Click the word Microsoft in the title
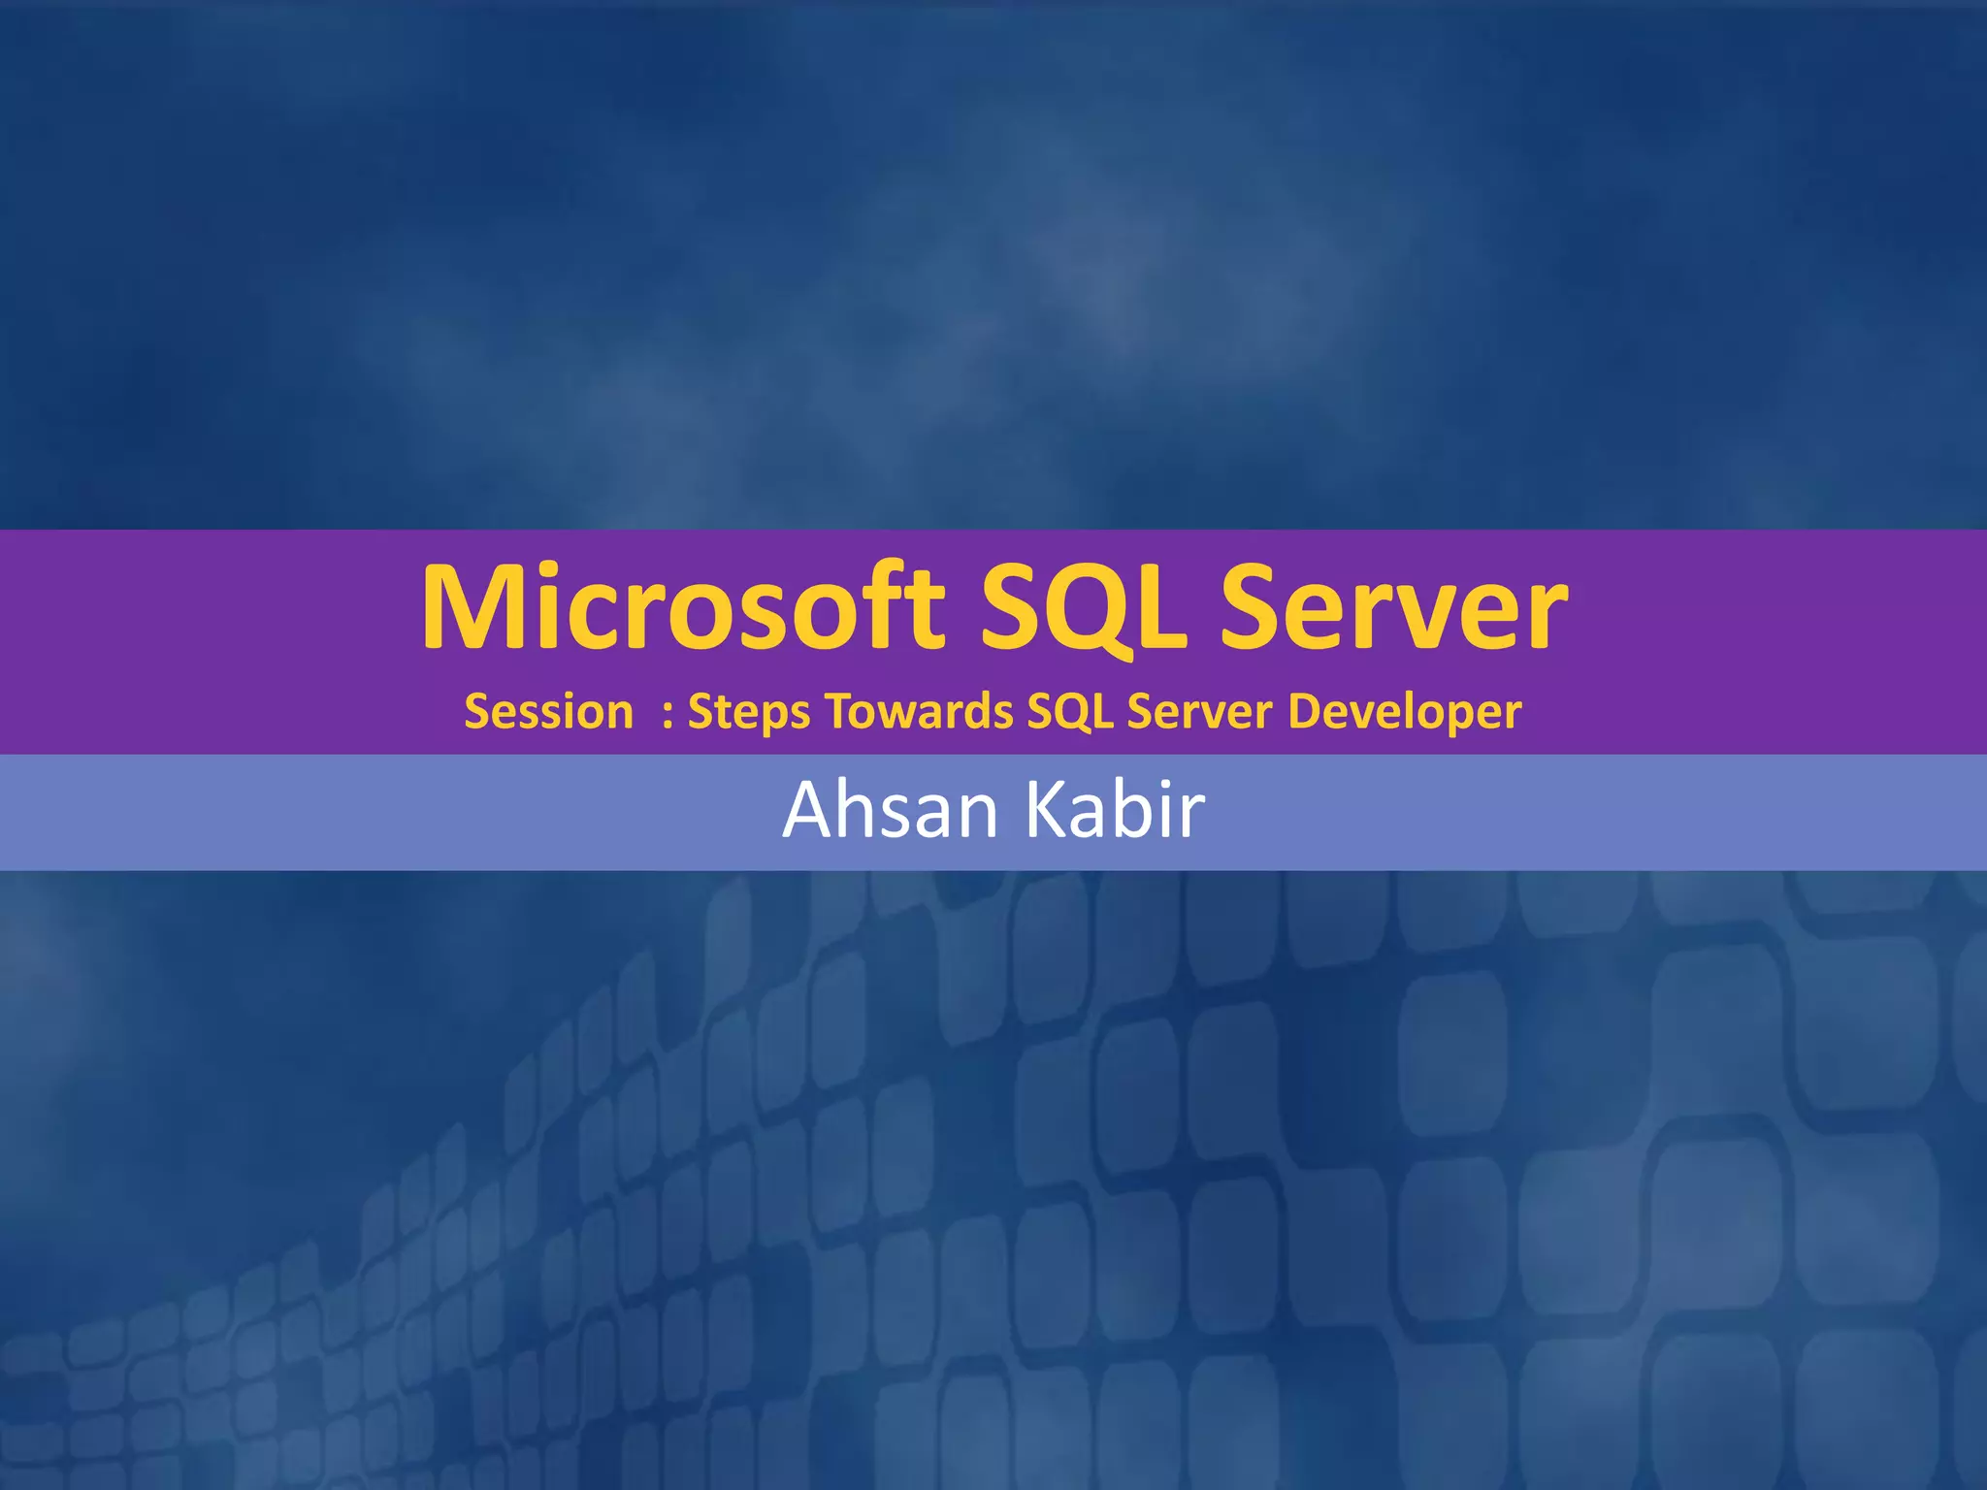click(x=682, y=607)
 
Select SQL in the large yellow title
click(x=1083, y=607)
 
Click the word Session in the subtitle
click(x=548, y=711)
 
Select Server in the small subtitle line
click(x=1199, y=711)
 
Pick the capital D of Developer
click(x=1306, y=711)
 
